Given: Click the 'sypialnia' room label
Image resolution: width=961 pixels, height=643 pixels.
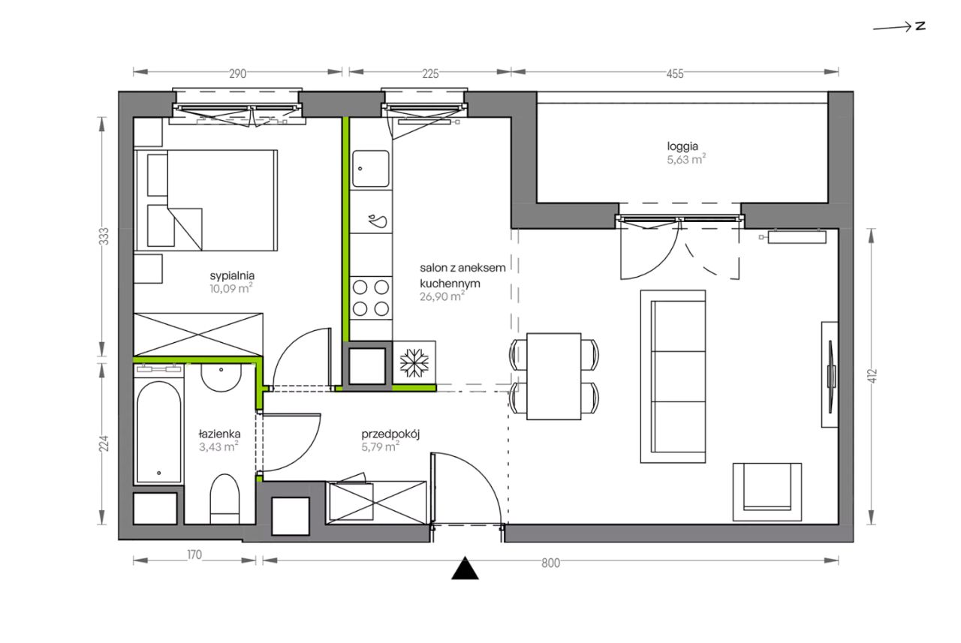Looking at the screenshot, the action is pos(232,276).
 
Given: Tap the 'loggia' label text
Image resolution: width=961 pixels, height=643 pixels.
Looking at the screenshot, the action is pos(682,147).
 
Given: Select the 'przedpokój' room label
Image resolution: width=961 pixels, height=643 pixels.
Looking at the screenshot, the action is pos(390,434).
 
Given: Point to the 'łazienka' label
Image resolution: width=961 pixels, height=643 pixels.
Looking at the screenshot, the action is pos(219,434).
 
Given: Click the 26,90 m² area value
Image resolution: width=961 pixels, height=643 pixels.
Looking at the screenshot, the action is pos(442,296).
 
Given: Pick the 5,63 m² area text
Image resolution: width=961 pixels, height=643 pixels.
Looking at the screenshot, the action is pos(686,160).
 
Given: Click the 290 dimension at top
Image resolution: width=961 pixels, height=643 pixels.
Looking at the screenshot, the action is pos(237,74).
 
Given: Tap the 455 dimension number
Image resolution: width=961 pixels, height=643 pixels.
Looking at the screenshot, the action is pos(675,74).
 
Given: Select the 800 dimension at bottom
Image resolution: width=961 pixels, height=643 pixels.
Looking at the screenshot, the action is pos(550,563).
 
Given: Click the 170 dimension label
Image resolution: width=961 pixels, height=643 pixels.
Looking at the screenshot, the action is pos(194,555).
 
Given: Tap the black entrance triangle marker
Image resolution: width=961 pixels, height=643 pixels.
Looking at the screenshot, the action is pos(465,569).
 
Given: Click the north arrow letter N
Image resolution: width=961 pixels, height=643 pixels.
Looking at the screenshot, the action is pos(920,26).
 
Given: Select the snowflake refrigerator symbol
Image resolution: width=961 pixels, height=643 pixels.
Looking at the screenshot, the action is pos(414,362).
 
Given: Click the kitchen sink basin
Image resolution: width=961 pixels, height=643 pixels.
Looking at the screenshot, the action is pos(371,169).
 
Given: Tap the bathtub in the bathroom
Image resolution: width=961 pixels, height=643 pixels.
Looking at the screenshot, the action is pos(158,431).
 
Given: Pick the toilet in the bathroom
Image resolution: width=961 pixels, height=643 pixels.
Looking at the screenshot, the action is pos(224,499).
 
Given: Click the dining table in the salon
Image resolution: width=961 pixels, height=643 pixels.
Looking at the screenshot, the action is pos(554,377).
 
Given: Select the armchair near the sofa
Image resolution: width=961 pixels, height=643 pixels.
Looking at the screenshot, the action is pos(767,491).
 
